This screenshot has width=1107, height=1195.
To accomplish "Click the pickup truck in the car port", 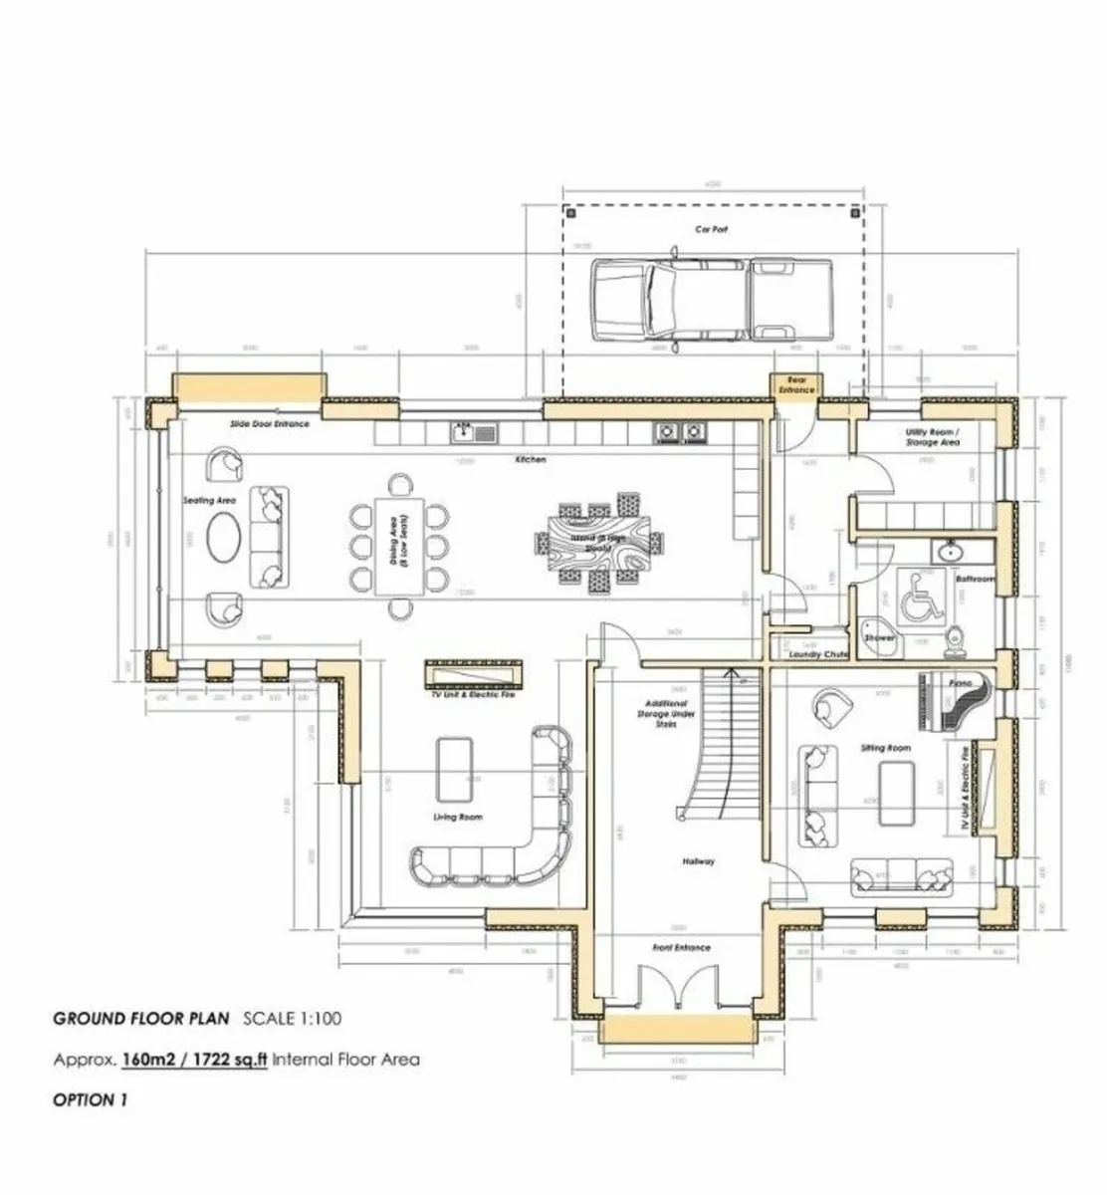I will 711,301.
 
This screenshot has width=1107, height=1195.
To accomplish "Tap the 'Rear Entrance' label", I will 796,385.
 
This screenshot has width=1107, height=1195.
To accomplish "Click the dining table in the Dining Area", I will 397,546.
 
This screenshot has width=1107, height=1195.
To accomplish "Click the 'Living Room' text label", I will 458,817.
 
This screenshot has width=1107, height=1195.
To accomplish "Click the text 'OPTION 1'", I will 91,1100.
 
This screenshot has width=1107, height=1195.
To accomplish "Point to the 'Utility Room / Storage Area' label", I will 932,436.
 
